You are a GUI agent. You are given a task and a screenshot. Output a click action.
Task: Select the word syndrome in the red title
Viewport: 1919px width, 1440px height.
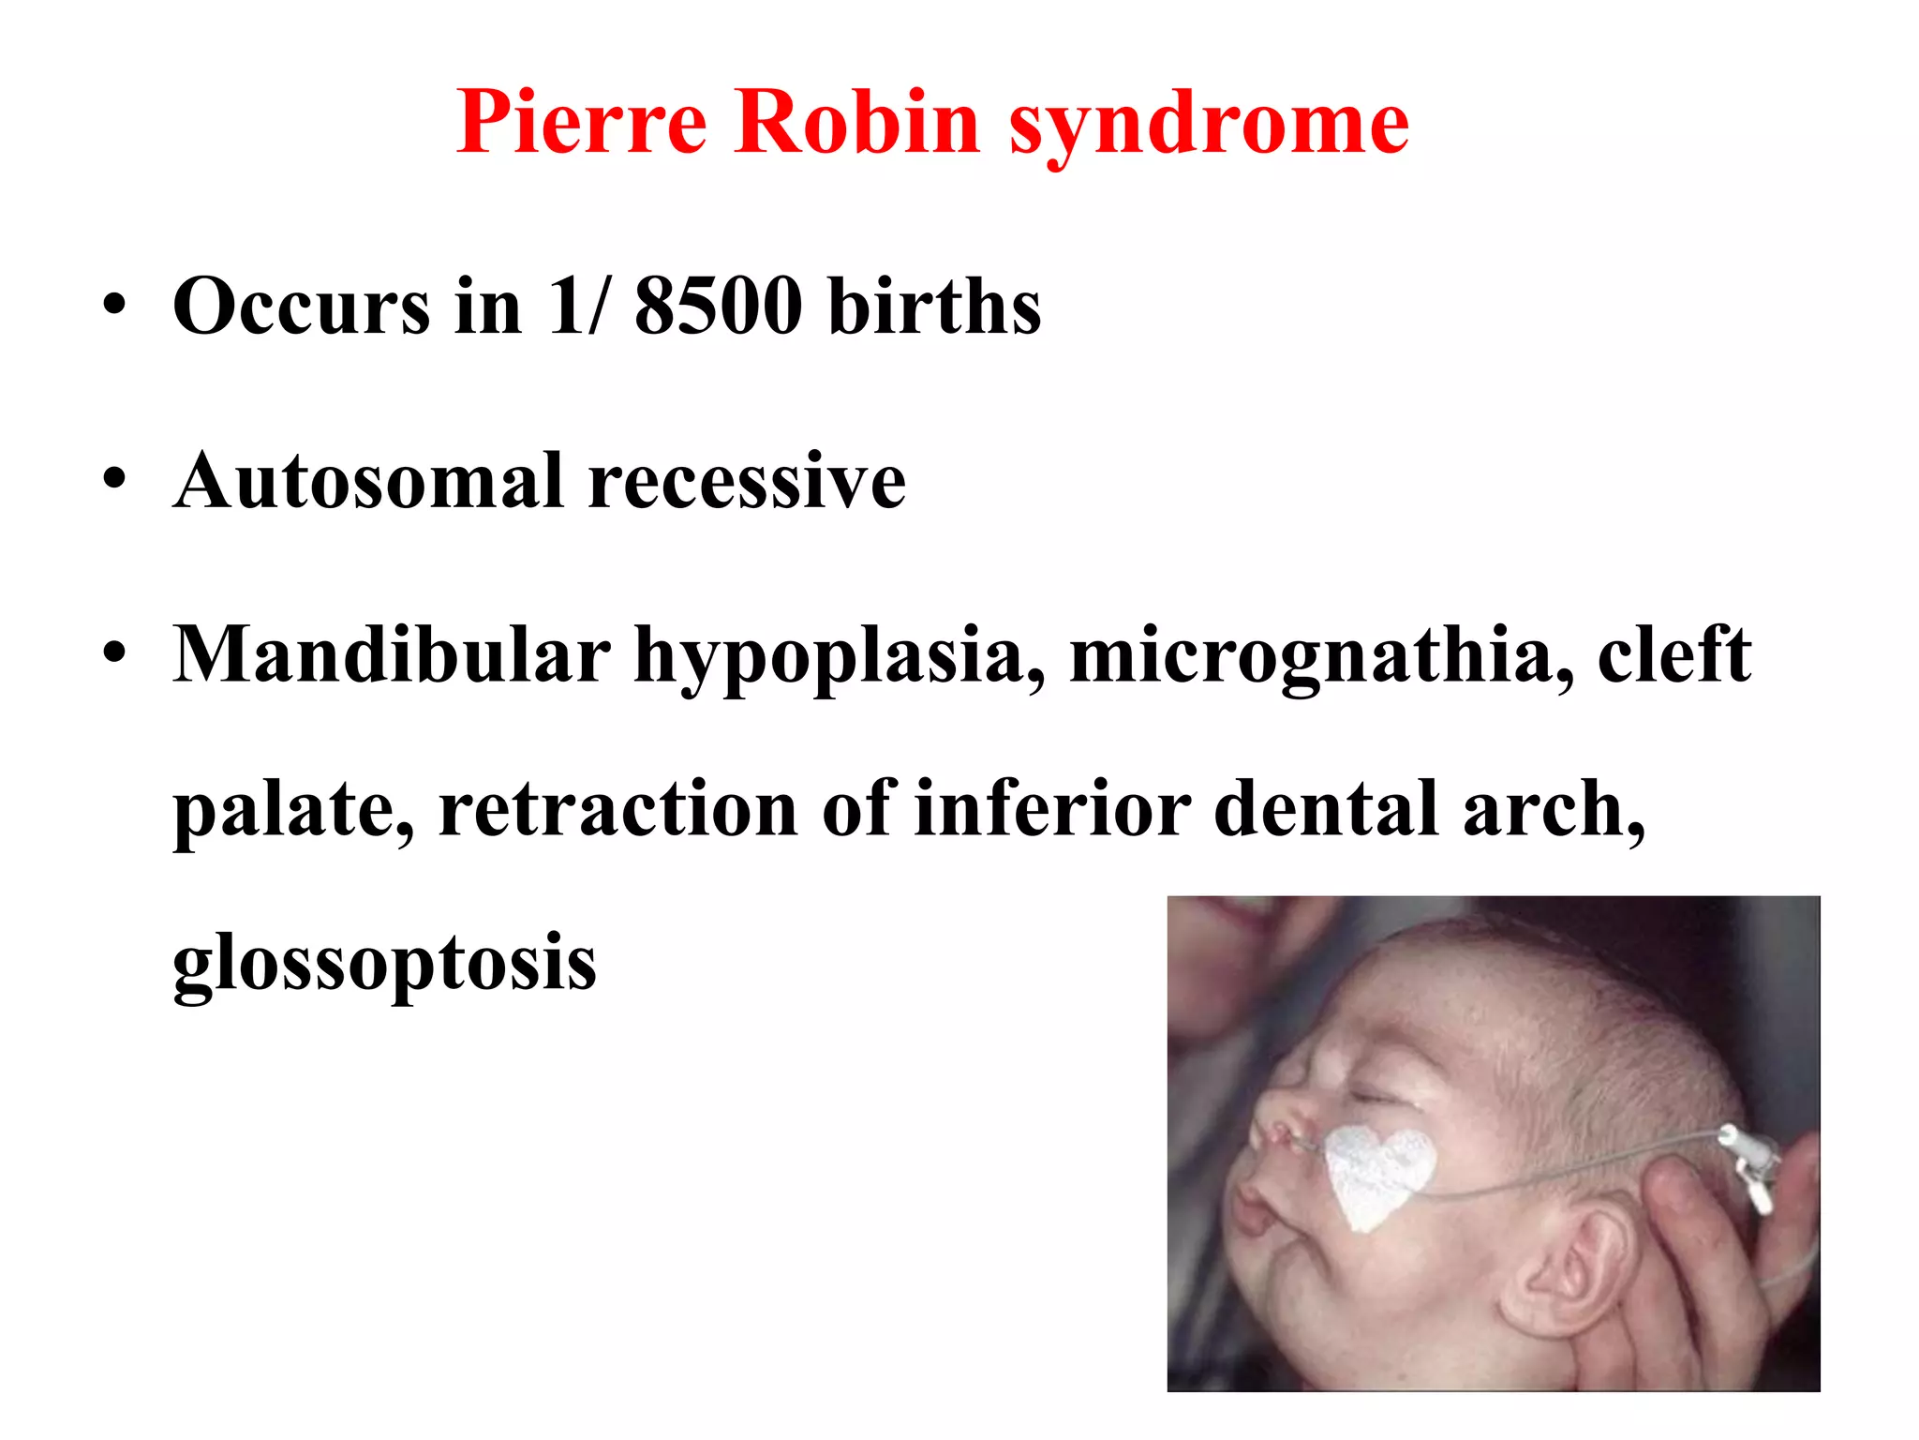tap(1209, 126)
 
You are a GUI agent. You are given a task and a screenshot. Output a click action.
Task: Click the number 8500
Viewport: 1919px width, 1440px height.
tap(718, 306)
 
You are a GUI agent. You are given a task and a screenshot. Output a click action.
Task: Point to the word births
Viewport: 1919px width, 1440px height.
tap(934, 306)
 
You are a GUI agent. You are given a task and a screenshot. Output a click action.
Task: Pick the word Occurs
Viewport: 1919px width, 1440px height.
tap(301, 306)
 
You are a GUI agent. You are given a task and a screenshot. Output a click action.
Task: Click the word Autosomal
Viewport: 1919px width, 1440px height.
tap(369, 480)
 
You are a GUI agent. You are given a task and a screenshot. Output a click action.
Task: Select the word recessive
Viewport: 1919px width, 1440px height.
tap(747, 482)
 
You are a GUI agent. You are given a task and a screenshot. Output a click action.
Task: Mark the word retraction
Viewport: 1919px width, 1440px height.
tap(617, 808)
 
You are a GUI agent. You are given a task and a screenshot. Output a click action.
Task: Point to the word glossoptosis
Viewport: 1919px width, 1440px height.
tap(384, 964)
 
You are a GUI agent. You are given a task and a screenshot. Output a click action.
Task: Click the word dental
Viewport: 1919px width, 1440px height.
tap(1326, 808)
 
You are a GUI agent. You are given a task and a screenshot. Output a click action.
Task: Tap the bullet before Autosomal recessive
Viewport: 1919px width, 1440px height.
tap(114, 480)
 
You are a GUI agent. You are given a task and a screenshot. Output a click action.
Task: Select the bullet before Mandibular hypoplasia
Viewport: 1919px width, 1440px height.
tap(114, 653)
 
